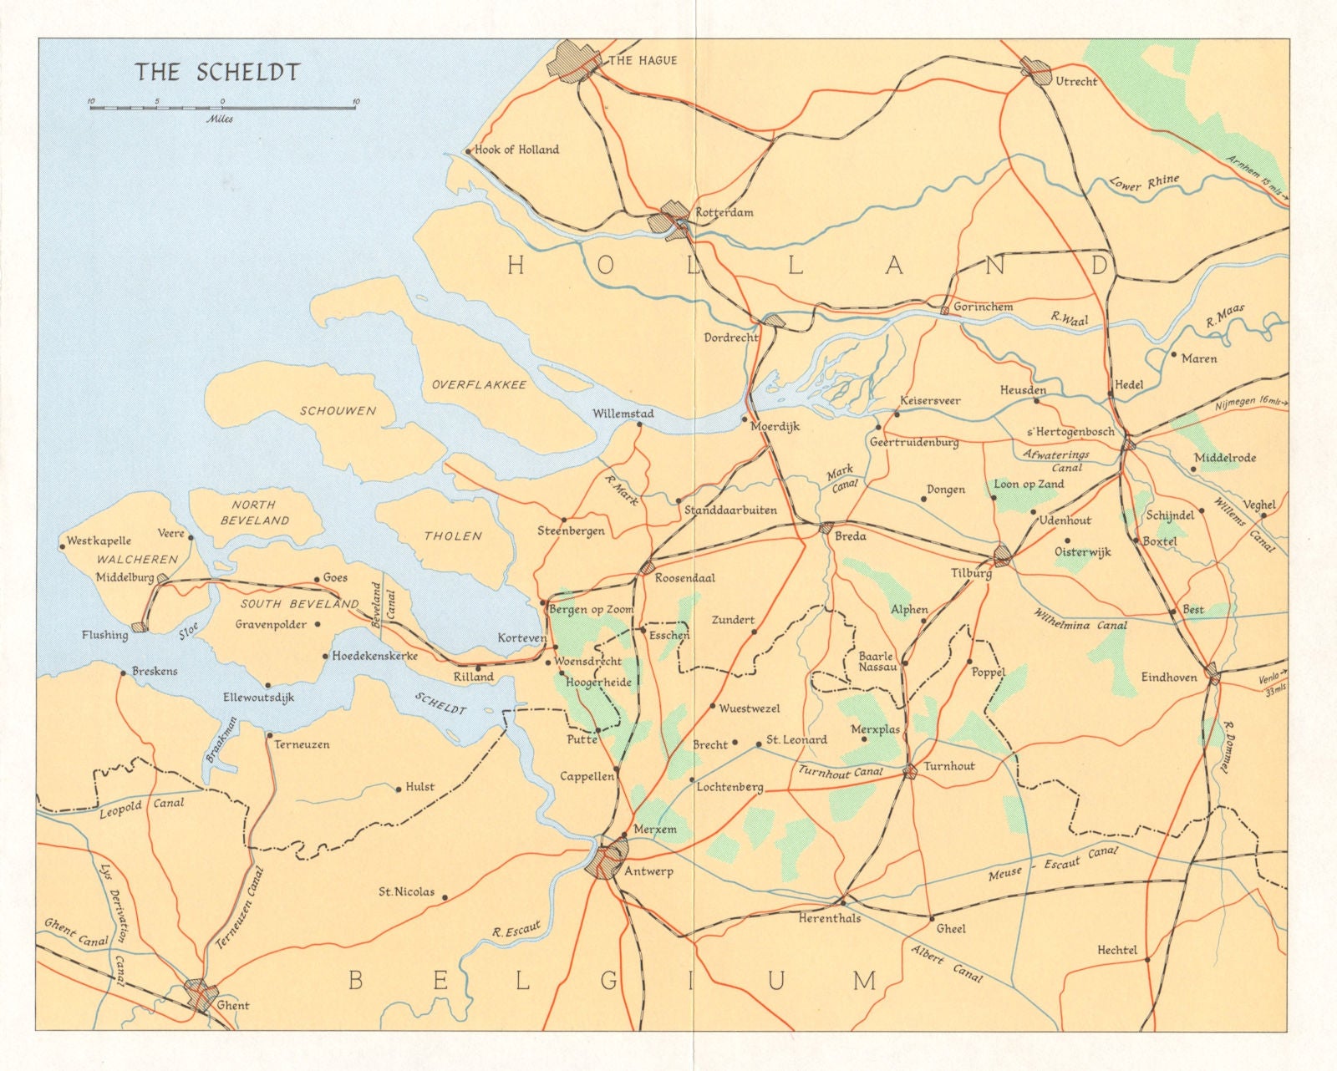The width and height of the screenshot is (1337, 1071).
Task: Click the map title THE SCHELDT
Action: coord(217,71)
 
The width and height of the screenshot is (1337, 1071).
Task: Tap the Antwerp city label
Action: coord(648,871)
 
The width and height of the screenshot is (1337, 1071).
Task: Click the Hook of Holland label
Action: coord(516,150)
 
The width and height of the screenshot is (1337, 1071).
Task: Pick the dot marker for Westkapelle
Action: coord(63,548)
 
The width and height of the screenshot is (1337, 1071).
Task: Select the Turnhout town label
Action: coord(949,766)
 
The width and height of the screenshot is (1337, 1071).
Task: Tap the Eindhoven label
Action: coord(1169,678)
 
